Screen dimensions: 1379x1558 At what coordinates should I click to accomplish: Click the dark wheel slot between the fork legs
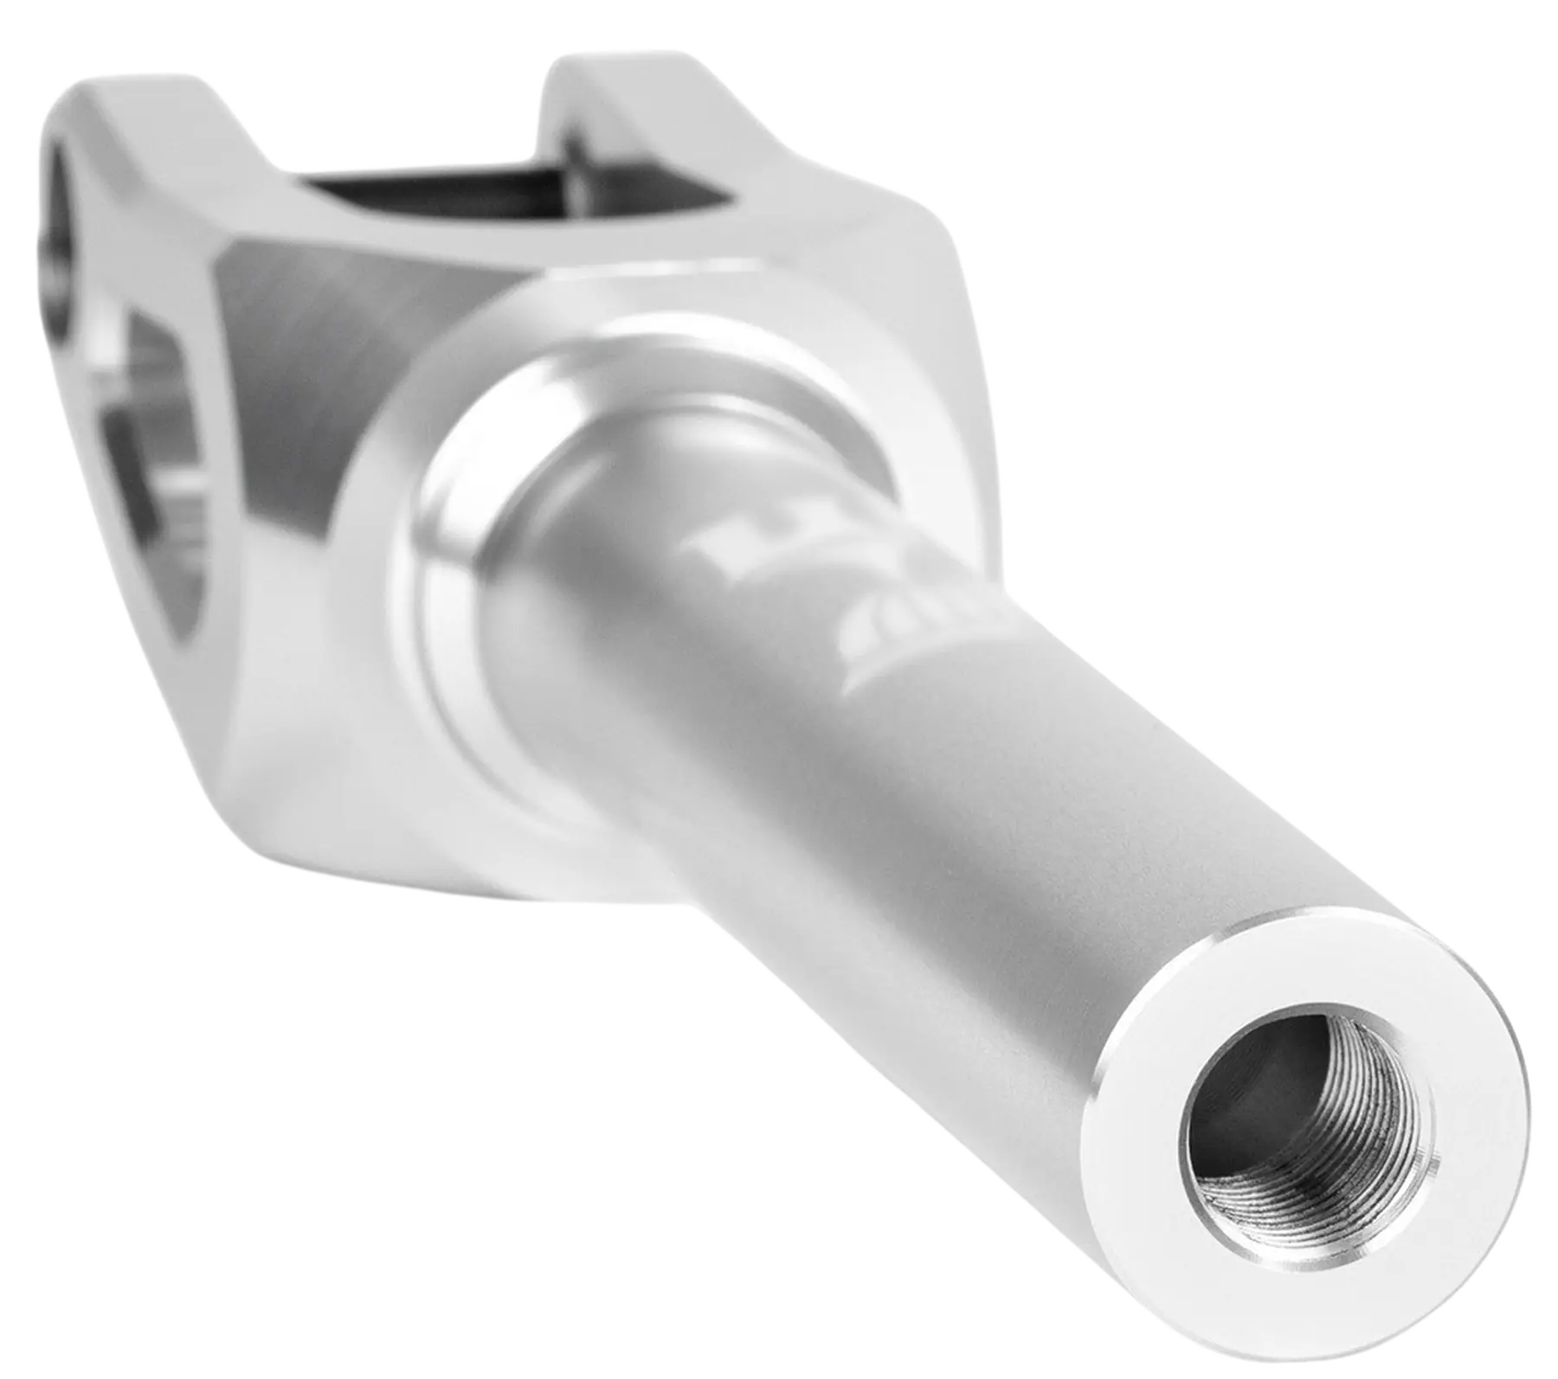coord(433,186)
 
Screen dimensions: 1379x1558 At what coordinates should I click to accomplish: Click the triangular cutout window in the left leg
coord(164,493)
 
